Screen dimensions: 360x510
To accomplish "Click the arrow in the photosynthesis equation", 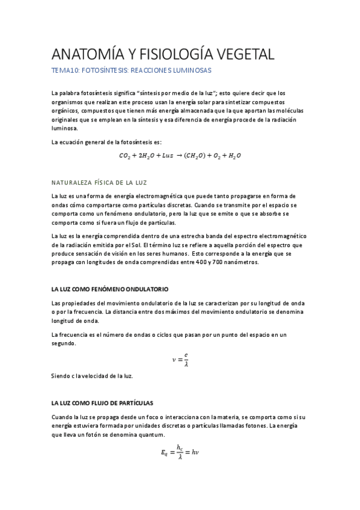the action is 178,155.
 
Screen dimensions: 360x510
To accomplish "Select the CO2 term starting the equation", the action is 124,156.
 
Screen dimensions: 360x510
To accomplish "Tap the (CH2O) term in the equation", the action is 195,155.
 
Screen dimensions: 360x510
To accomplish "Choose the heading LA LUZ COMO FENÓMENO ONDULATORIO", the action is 110,289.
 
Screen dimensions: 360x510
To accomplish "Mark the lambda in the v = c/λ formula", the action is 186,363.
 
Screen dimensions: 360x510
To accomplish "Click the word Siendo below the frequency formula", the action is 62,376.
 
